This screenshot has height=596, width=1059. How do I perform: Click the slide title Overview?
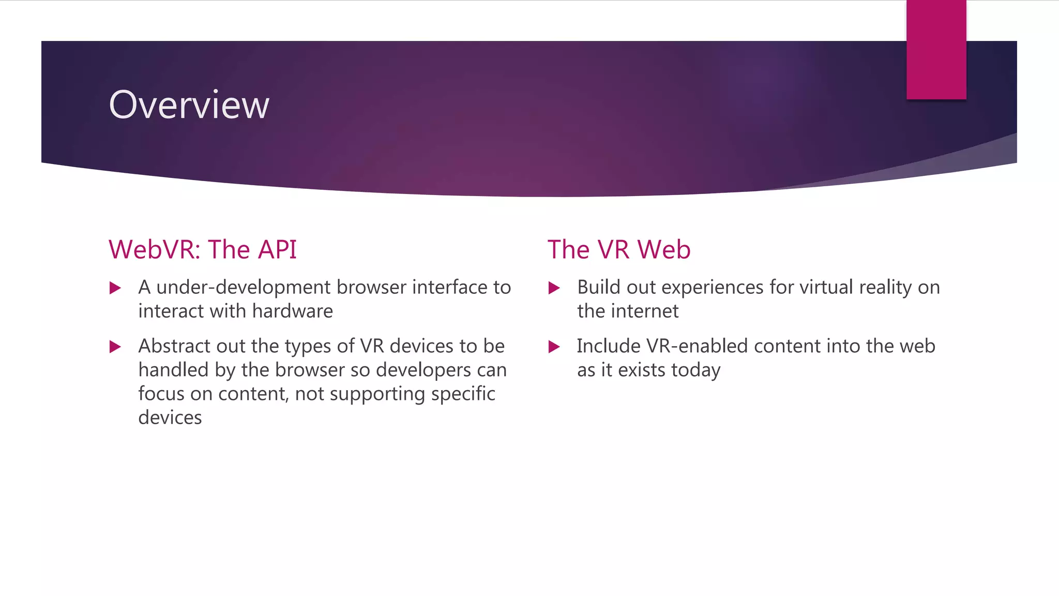tap(189, 105)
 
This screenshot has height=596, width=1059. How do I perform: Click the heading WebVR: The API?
tap(202, 249)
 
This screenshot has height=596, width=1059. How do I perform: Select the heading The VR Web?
tap(618, 249)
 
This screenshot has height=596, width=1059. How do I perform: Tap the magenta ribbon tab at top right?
tap(936, 50)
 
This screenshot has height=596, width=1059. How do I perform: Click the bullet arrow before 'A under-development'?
tap(115, 288)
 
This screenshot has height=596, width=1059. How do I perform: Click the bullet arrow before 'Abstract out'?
tap(115, 347)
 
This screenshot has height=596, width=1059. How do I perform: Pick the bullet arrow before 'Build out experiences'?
tap(554, 288)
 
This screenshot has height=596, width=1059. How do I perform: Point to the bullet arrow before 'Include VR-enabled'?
tap(554, 347)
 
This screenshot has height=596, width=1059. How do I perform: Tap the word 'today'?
tap(695, 370)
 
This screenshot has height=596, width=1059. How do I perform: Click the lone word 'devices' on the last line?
tap(170, 418)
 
